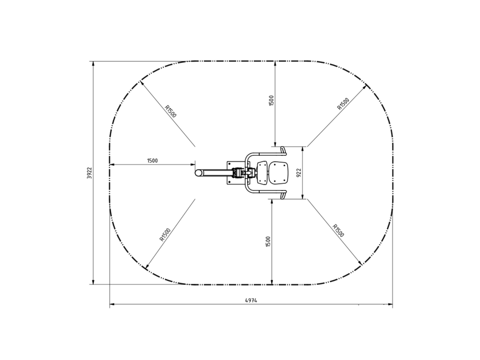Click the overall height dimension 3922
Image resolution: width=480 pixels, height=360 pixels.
[x=89, y=173]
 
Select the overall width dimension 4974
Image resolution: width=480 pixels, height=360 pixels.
[x=251, y=300]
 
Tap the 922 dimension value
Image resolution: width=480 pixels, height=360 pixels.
[x=299, y=173]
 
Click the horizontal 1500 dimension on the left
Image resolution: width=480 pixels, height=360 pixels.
[x=152, y=161]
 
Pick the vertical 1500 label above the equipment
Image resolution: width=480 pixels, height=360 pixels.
[x=271, y=100]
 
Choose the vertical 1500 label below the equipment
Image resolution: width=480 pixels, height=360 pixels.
[x=268, y=241]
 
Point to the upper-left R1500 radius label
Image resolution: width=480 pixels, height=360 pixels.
[x=170, y=111]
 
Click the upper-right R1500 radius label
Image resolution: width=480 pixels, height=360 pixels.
[x=343, y=103]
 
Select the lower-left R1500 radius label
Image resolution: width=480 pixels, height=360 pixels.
[x=165, y=235]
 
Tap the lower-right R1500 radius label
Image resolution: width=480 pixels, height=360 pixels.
[x=338, y=231]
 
